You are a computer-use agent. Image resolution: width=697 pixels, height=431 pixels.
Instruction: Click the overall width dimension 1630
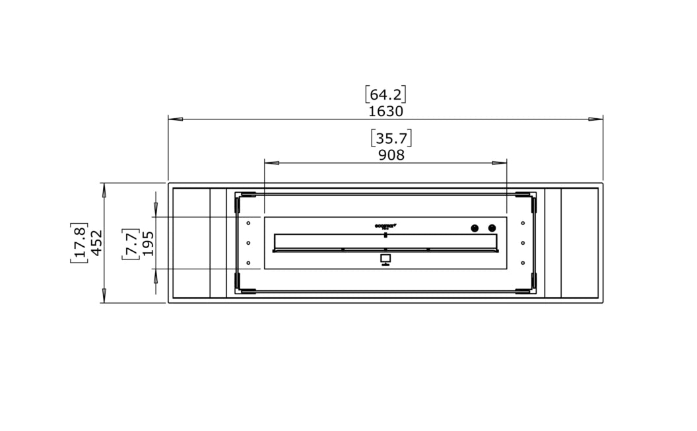pos(385,111)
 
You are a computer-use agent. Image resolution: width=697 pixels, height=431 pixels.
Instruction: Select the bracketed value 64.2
pos(385,94)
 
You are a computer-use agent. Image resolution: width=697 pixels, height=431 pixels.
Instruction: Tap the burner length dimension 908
pos(391,155)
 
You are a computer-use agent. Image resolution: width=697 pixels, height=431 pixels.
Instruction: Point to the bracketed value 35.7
pos(391,139)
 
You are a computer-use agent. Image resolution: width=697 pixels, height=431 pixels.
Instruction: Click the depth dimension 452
pos(96,243)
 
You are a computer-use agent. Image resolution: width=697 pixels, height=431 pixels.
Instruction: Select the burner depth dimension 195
pos(148,243)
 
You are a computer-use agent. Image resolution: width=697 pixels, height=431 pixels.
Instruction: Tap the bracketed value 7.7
pos(131,243)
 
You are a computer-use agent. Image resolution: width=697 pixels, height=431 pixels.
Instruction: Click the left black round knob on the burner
pos(474,228)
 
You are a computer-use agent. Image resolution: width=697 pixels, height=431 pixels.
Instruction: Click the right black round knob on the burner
pos(492,228)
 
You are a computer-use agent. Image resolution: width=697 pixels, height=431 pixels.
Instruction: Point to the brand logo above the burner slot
pos(385,226)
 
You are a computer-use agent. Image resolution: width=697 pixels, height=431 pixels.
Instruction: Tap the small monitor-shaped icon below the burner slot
pos(385,259)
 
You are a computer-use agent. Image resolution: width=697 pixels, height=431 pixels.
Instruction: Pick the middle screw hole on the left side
pos(248,243)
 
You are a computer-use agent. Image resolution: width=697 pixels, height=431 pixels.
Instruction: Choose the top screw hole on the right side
pos(523,223)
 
